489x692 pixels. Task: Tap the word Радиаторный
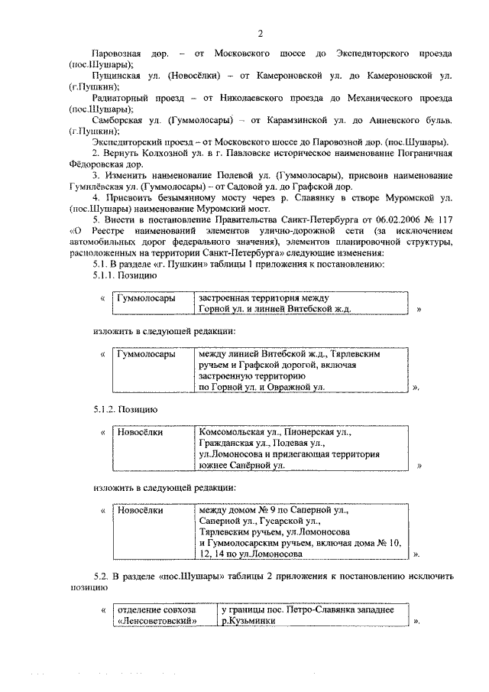(x=118, y=99)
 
